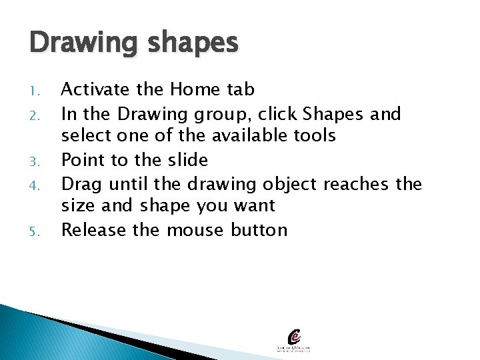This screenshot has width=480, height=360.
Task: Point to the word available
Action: tap(252, 136)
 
